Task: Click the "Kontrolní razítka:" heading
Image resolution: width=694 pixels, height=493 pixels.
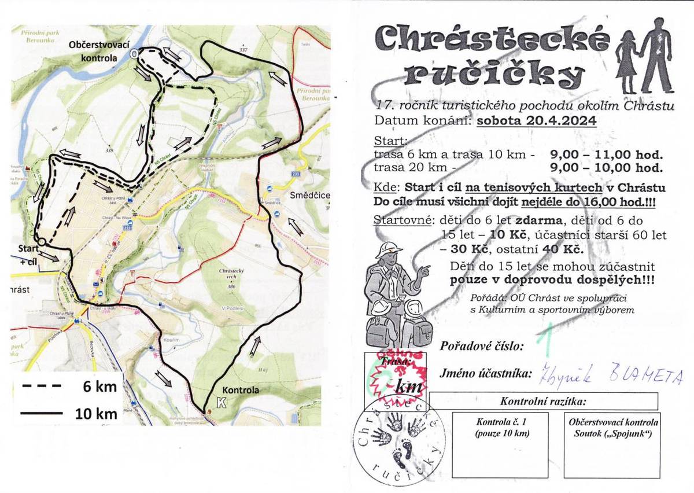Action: [544, 401]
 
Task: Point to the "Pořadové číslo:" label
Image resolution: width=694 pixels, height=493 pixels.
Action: [482, 347]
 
